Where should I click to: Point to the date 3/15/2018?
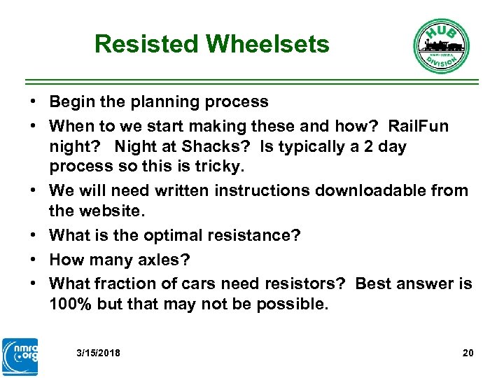point(98,353)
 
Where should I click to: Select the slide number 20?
point(468,353)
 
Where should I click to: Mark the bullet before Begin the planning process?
point(34,102)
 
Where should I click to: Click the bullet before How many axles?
point(34,260)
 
